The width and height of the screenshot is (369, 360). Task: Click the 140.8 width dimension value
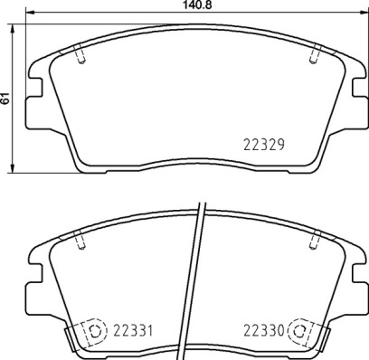pyautogui.click(x=195, y=5)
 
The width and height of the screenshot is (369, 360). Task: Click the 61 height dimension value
pyautogui.click(x=5, y=99)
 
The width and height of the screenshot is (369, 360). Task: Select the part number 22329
pyautogui.click(x=264, y=145)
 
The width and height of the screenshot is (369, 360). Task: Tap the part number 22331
pyautogui.click(x=133, y=331)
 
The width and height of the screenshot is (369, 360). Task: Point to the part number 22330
pyautogui.click(x=264, y=331)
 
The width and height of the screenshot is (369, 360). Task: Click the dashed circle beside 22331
pyautogui.click(x=96, y=331)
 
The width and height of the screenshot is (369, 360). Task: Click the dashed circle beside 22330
pyautogui.click(x=299, y=331)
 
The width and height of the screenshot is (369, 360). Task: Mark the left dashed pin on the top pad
pyautogui.click(x=81, y=54)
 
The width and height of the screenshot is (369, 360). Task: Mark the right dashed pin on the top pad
pyautogui.click(x=314, y=54)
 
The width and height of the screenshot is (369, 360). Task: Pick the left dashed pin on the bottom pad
pyautogui.click(x=81, y=240)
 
